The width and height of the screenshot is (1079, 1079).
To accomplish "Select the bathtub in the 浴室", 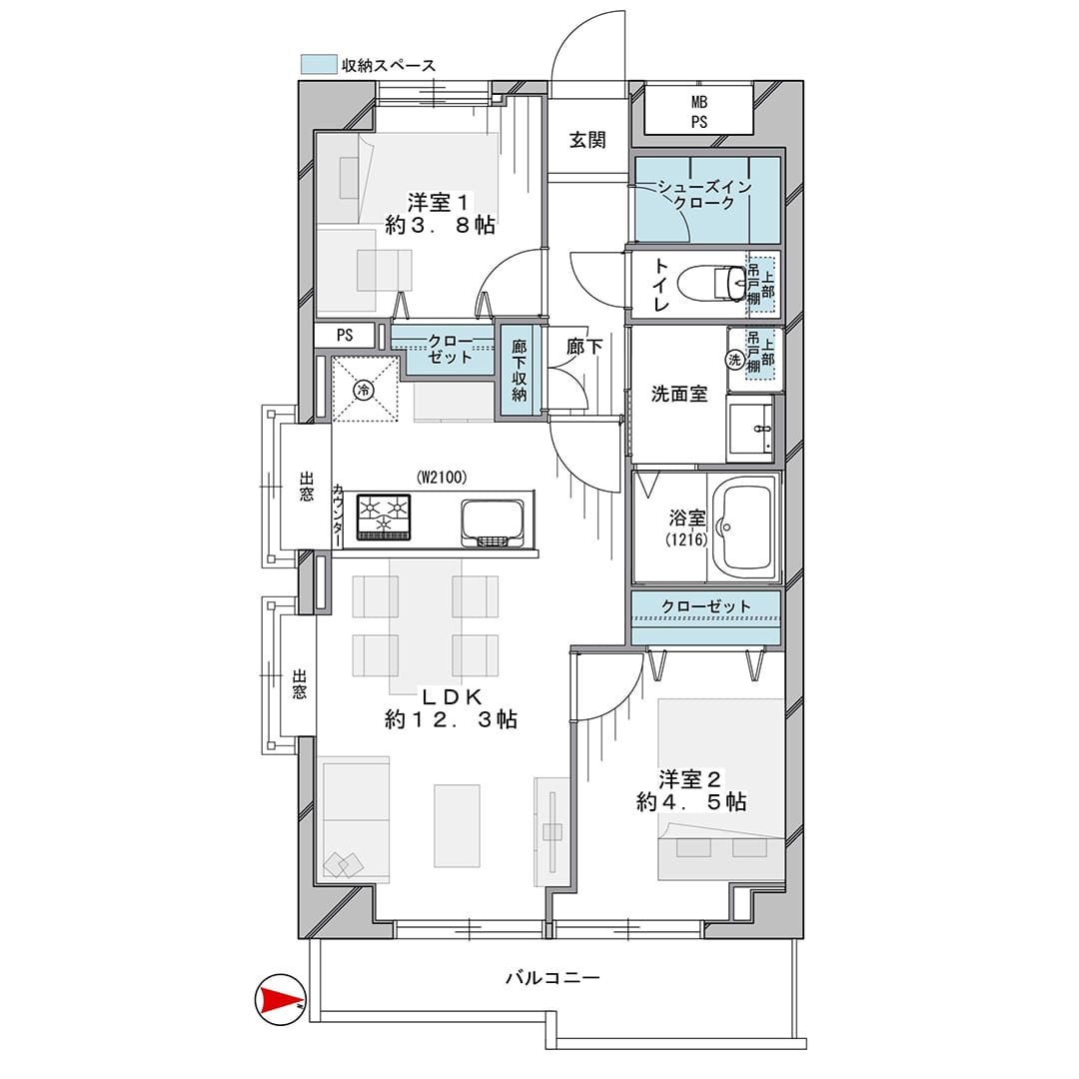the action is pos(743,528).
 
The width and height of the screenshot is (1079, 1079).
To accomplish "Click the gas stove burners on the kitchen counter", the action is pos(384,517).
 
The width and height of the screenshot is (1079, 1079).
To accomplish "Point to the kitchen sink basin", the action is pos(493,523).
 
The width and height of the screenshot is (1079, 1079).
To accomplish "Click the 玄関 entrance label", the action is pos(587,140).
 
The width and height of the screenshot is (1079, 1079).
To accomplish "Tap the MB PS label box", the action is pos(699,112).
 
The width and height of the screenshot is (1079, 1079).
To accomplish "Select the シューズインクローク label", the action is pos(704,194).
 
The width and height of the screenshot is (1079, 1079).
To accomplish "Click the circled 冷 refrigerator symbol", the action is pos(364,391).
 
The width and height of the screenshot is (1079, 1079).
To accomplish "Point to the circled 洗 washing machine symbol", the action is pos(735,360).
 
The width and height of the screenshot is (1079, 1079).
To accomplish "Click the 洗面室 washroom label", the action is pos(679,394).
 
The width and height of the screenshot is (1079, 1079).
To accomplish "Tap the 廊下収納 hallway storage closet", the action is pos(520,370).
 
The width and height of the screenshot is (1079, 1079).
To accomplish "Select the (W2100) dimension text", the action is pos(442,477).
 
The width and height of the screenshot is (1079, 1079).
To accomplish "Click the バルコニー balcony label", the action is pos(553,977).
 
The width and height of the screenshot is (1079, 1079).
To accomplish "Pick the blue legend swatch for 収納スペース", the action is pos(319,64).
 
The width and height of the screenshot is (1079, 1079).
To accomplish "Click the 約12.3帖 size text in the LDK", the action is pos(451,719).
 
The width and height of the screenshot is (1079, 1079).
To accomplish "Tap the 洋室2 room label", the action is pos(689,779).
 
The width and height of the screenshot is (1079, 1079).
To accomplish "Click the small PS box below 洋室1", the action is pos(345,335).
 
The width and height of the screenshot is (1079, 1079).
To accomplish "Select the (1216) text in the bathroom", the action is pos(686,539).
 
